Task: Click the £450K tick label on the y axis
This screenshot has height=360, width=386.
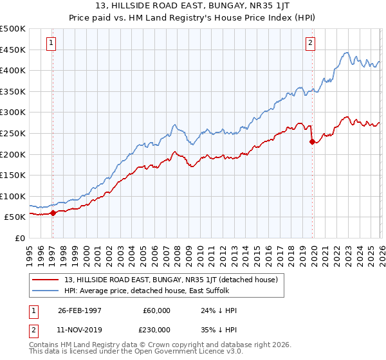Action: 13,50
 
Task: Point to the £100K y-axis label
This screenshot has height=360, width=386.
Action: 13,196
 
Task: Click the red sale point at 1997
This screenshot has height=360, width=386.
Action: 53,213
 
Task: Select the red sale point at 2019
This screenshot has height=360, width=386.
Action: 312,142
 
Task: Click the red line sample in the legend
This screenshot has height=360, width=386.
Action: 46,280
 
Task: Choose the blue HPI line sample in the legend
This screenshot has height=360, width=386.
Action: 46,291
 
